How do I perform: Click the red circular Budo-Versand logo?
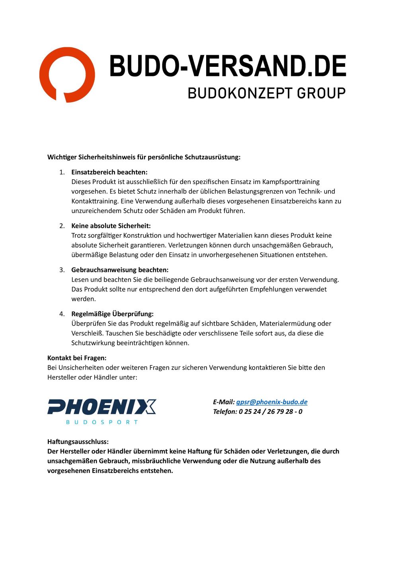tap(67, 75)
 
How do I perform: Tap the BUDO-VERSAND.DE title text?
tap(228, 66)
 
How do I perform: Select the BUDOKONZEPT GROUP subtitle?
tap(267, 93)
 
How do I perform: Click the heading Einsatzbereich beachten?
tap(109, 172)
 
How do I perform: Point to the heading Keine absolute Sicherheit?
tap(111, 226)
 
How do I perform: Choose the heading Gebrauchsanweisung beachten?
tap(120, 270)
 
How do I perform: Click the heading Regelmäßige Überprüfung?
tap(112, 314)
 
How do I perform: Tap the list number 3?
tap(62, 270)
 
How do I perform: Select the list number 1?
tap(62, 172)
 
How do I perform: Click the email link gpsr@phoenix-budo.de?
tap(272, 402)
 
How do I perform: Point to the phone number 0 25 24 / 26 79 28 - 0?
tap(271, 412)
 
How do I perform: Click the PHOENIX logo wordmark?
tap(102, 407)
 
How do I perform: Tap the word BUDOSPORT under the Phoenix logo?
tap(102, 422)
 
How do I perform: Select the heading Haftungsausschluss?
tap(78, 442)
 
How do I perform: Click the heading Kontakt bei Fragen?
tap(77, 358)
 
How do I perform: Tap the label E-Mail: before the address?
tap(224, 402)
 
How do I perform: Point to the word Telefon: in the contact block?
tap(225, 412)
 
